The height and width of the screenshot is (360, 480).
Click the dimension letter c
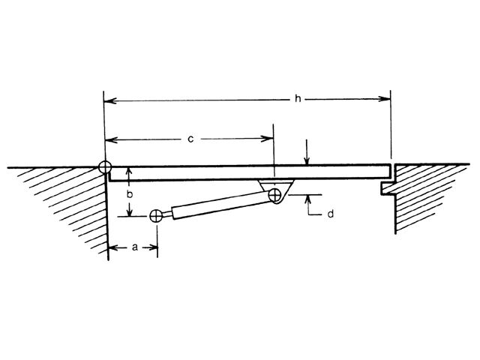click(191, 138)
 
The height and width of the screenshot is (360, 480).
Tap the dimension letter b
click(130, 193)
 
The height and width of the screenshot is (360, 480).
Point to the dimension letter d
click(330, 214)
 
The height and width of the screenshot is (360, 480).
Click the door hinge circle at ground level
click(103, 167)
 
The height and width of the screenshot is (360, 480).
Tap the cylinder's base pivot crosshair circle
click(156, 216)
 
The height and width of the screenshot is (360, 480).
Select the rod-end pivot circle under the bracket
click(275, 196)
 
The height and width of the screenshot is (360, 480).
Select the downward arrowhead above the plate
click(307, 160)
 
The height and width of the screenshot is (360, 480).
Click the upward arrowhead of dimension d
click(307, 199)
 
